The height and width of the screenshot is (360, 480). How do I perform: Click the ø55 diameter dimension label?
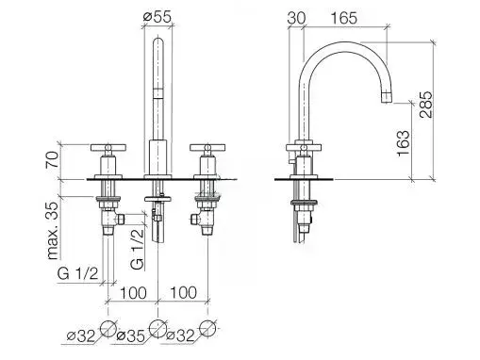(x=157, y=17)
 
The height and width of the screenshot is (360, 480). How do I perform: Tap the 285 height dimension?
(x=426, y=105)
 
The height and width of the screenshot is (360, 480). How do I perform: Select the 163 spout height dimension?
(x=404, y=143)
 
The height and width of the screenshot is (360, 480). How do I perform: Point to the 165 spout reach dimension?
(x=344, y=18)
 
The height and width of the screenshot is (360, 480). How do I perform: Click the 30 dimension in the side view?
(x=296, y=18)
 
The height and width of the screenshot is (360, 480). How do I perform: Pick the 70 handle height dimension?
(x=52, y=159)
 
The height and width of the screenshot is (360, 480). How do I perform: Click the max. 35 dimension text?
(x=53, y=231)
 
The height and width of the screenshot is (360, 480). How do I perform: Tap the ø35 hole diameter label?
(x=130, y=336)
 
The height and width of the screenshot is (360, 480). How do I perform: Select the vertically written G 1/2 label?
(x=138, y=250)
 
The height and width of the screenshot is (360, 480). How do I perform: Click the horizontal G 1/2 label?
(x=77, y=273)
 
